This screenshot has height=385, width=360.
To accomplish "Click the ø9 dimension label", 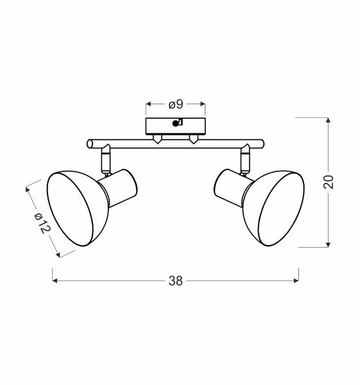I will (x=176, y=104).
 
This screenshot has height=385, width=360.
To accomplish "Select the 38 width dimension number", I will (x=175, y=280).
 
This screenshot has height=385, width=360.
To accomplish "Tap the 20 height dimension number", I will (x=329, y=182).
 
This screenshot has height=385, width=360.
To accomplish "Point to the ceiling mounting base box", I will (x=175, y=124).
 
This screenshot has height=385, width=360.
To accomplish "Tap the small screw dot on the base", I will (x=176, y=124).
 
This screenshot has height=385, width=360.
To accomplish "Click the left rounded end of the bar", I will (x=89, y=144).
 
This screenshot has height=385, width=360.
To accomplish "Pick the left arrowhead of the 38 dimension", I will (x=55, y=280).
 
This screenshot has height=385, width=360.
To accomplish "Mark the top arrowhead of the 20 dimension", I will (x=329, y=120).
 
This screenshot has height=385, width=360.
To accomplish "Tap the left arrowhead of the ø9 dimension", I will (x=149, y=103).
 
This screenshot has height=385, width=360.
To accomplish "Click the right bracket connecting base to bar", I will (x=193, y=138).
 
